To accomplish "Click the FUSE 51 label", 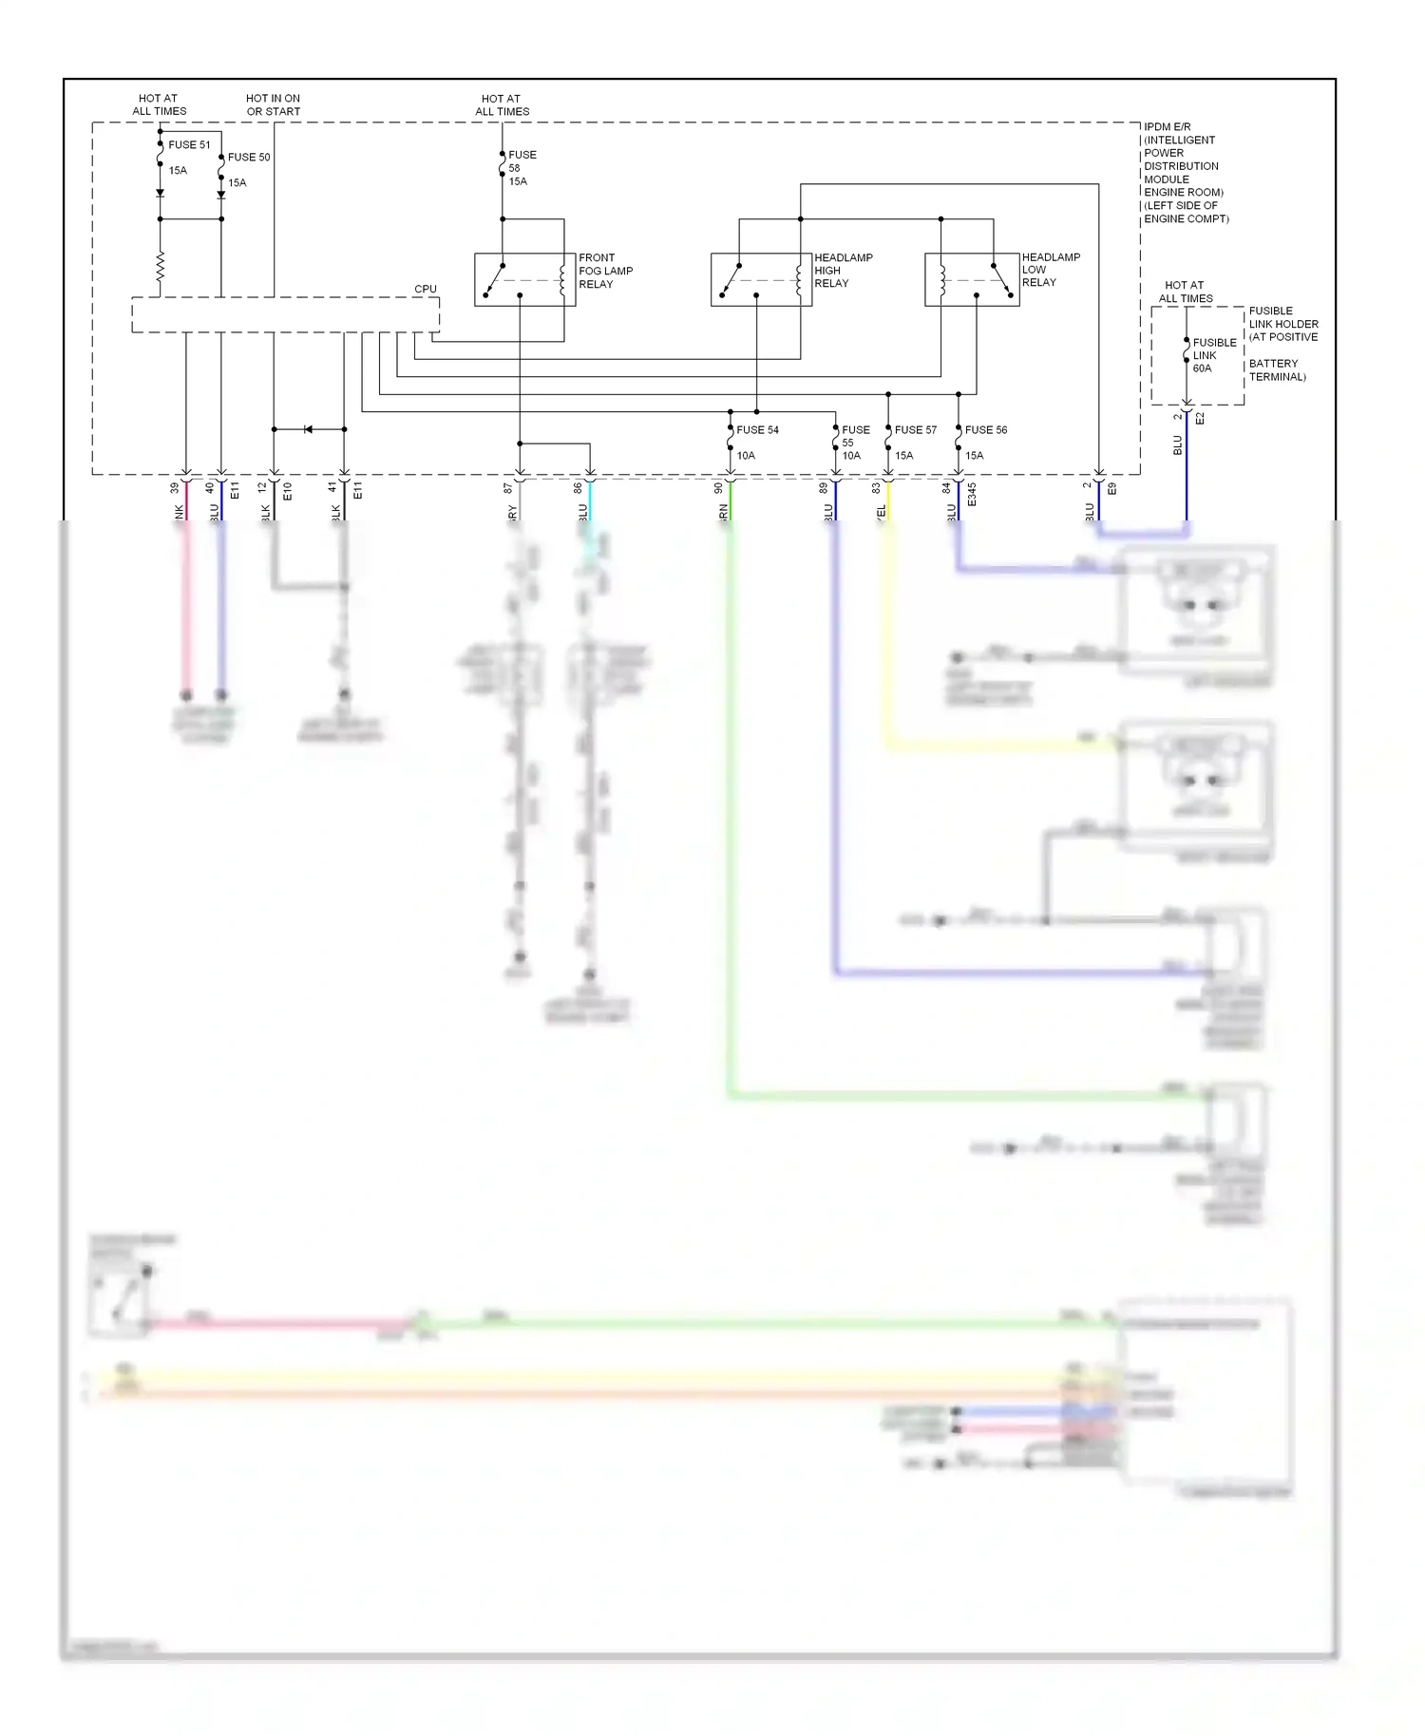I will (x=189, y=145).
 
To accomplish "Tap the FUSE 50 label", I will (x=249, y=158).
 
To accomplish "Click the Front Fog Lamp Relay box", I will (x=525, y=280).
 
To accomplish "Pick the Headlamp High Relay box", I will (x=761, y=280).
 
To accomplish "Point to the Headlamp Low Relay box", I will (x=972, y=280).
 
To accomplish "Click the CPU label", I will (x=425, y=289).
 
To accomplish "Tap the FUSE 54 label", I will (x=757, y=430).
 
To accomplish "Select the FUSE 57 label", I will (x=915, y=430).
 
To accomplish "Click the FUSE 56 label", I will (x=985, y=430).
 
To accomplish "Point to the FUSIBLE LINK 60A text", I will (x=1214, y=355).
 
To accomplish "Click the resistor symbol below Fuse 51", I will (x=161, y=267).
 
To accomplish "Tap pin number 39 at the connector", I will (x=175, y=488).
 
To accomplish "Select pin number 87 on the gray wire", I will (x=508, y=488).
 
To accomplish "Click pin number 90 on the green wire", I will (x=718, y=488).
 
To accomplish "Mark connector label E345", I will (x=972, y=494).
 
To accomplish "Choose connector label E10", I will (x=287, y=492).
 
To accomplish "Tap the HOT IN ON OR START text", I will (x=273, y=104).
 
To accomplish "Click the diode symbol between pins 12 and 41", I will (x=308, y=429).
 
